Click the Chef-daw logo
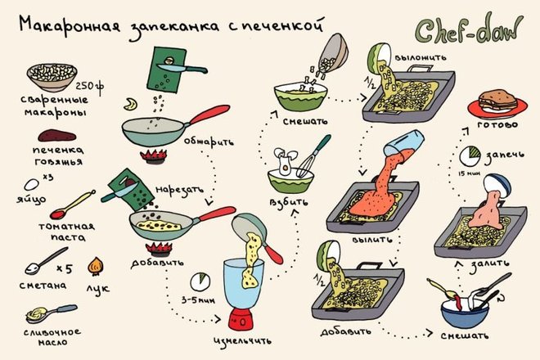[468, 29]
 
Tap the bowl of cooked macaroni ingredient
[52, 76]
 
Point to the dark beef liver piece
[56, 135]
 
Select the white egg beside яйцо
[31, 185]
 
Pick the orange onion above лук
[96, 266]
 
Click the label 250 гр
[89, 87]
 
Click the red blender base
[241, 319]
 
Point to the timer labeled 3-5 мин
[200, 281]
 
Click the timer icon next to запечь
[470, 155]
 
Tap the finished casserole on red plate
[497, 102]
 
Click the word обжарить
[209, 142]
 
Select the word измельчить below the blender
[242, 340]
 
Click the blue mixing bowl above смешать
[465, 313]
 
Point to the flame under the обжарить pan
[154, 155]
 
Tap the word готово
[497, 124]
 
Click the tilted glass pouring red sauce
[403, 144]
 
